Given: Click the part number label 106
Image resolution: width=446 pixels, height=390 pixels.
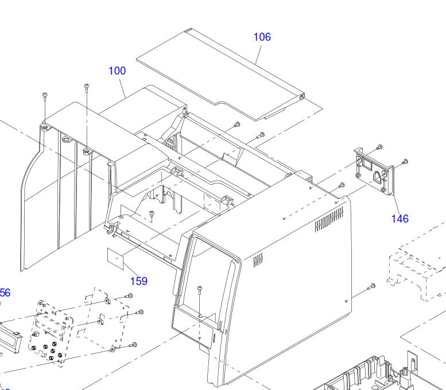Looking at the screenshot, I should coord(262,37).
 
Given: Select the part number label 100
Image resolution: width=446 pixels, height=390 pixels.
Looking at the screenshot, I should coord(117,71).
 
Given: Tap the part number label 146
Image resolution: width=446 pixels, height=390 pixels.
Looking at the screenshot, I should coord(400,219).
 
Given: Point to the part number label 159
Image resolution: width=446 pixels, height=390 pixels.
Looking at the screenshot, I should coord(138,281).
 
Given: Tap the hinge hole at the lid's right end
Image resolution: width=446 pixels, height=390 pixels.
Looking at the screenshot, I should coord(302,97).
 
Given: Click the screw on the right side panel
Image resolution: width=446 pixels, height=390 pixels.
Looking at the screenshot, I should coord(371,286).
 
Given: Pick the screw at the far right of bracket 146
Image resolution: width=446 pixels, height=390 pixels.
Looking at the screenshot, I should coord(405,162).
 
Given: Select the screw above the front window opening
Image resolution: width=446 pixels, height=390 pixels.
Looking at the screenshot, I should coord(200,288).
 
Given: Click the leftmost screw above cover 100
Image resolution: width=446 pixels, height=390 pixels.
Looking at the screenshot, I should coord(44,95).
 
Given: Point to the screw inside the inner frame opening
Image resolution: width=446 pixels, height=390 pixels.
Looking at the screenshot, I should coord(152,214).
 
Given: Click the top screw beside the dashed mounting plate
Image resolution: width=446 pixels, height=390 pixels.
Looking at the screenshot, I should coord(129,295).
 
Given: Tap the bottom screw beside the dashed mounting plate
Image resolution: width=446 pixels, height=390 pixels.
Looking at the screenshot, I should coord(134,345).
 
